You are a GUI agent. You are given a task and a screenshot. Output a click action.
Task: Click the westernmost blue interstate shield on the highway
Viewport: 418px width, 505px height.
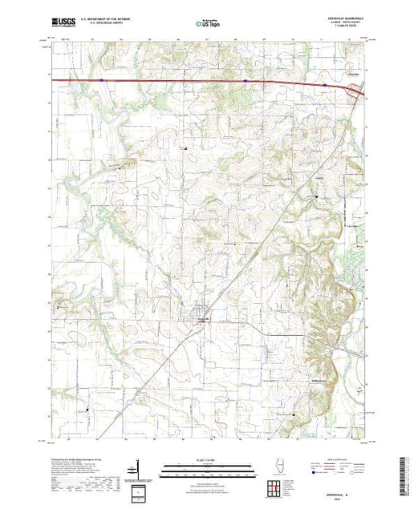[x=101, y=79]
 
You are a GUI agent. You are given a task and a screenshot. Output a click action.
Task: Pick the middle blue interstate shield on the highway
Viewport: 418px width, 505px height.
[x=244, y=80]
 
